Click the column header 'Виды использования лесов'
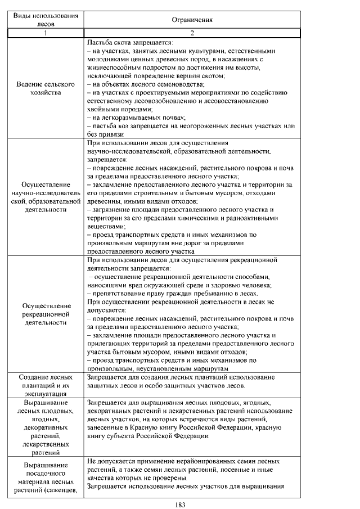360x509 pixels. click(x=46, y=20)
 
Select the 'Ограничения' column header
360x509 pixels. click(x=192, y=20)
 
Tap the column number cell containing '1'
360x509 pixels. click(x=46, y=33)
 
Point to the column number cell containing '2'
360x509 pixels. click(x=192, y=33)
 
